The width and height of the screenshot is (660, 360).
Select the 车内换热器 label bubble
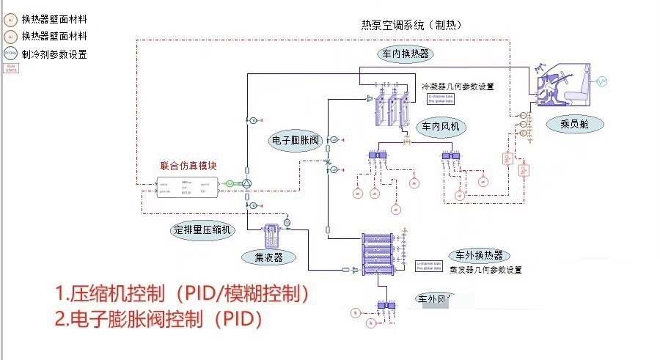pos(404,54)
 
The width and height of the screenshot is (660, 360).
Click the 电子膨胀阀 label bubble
pos(293,140)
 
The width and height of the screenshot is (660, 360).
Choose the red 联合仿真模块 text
pos(188,165)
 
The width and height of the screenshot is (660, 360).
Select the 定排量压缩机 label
pos(202,229)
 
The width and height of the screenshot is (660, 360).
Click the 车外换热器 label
pos(478,255)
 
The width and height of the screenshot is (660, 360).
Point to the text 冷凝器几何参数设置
pos(458,86)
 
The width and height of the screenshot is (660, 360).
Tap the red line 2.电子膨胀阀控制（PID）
pos(158,320)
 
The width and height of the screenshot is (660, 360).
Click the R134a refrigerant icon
pos(10,54)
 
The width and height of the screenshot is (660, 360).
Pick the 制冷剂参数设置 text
pos(54,54)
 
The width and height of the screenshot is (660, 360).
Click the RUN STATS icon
pos(10,68)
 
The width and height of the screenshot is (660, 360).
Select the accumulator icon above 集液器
pos(268,233)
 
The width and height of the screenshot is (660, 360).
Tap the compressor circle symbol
pos(247,183)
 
